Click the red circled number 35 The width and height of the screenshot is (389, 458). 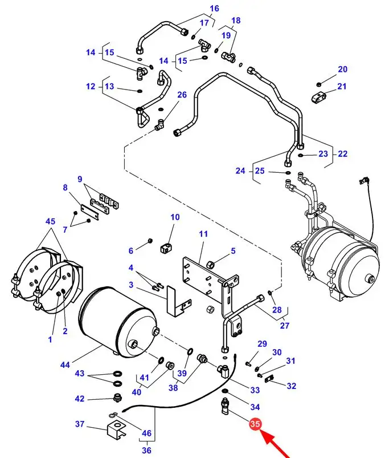coord(255,424)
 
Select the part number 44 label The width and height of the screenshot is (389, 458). coord(65,364)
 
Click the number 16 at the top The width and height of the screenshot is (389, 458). coord(214,9)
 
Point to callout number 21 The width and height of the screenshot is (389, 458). coord(342,86)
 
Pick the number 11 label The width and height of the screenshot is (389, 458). coord(203,234)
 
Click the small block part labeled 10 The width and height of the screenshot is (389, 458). coord(166,249)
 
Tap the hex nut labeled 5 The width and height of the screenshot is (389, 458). coord(211,265)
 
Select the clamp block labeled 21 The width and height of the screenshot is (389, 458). coord(317,98)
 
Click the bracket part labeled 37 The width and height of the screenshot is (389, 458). coord(116,429)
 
